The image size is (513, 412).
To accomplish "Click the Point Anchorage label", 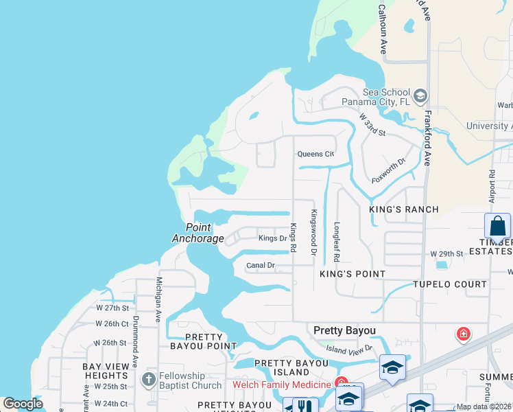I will click(198, 233).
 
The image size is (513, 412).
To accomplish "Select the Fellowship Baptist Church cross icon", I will click(147, 379).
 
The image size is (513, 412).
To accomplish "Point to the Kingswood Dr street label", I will click(313, 232).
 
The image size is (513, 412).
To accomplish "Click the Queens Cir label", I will click(315, 154).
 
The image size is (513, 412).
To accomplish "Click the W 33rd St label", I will click(373, 124).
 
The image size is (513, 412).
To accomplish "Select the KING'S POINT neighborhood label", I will click(353, 273).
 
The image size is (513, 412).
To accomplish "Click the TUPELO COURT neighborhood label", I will click(450, 284).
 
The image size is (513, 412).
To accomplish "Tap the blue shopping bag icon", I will click(497, 226).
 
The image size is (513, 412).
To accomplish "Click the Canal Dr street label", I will click(261, 265).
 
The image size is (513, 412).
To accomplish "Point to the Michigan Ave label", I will click(158, 299).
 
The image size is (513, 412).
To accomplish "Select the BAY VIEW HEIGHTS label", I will click(106, 371).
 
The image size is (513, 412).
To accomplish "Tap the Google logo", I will click(23, 404).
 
